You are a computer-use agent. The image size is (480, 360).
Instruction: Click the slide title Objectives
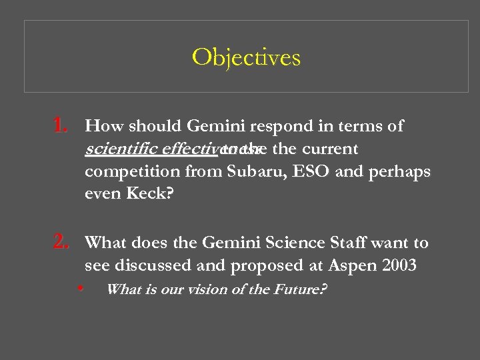(x=246, y=58)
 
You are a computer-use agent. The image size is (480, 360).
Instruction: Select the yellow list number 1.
(x=60, y=125)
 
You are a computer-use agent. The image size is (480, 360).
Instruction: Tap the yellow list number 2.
(x=60, y=243)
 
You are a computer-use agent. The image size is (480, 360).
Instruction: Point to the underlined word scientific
(x=117, y=149)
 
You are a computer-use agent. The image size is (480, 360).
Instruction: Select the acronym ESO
(x=311, y=171)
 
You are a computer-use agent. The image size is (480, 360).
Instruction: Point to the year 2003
(x=400, y=266)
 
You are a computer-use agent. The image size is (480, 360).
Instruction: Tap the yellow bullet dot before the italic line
(x=80, y=289)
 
